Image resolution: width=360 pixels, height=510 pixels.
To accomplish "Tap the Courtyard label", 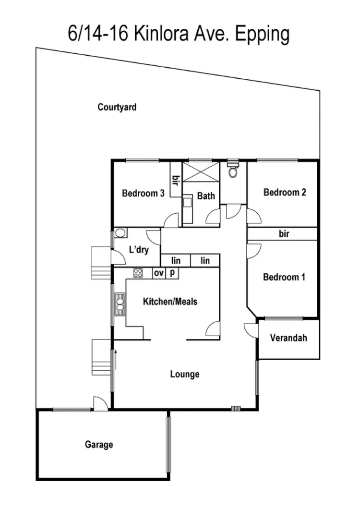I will point(117,107).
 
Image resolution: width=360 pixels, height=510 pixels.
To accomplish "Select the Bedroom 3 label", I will point(144,194).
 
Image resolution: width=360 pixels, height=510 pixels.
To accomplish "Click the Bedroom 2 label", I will point(285,193).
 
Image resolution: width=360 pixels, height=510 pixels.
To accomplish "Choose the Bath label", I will point(206,196).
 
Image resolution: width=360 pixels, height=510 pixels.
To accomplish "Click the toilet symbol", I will point(233,170).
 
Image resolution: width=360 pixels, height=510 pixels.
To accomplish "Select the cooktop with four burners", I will point(138,273).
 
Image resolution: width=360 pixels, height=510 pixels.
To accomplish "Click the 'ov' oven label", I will point(159,273).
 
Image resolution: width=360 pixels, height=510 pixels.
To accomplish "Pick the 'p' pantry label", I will point(172,273).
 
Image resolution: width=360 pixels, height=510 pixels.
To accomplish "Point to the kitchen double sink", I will point(120,304).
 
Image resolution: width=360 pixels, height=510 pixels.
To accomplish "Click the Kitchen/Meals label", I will point(170,302).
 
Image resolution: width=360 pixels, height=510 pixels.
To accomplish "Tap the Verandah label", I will point(288,338).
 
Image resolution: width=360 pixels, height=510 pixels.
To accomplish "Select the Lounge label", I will point(185,374).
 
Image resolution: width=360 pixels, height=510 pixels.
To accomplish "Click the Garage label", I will point(99,444).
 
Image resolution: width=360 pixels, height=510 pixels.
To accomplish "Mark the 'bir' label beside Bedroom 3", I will point(176,181).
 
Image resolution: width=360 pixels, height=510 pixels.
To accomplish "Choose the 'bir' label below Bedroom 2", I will point(284,234).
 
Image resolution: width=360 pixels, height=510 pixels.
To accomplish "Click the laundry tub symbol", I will point(120,233).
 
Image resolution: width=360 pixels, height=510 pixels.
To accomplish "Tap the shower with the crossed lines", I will point(201,172).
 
